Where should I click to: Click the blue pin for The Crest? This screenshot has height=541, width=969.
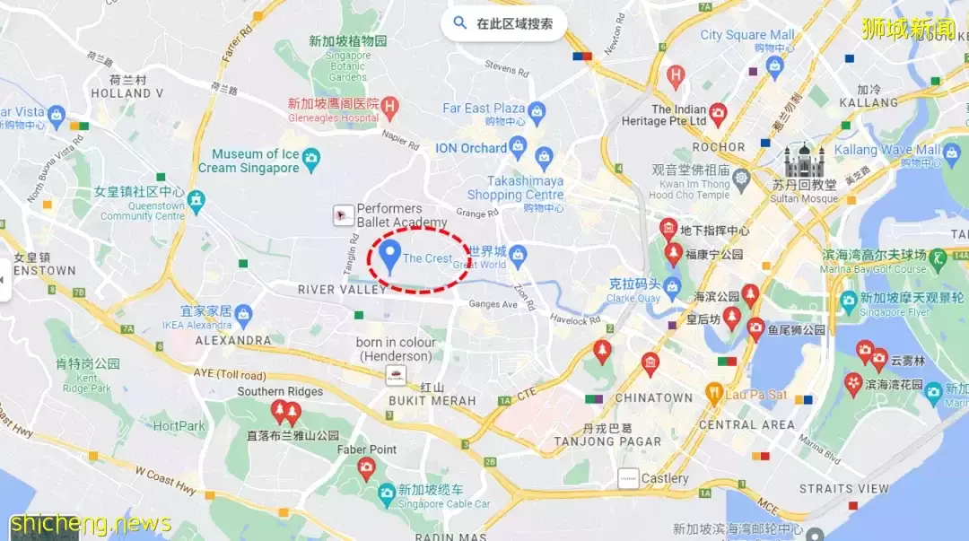point(389,255)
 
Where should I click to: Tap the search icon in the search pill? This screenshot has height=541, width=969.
point(460,23)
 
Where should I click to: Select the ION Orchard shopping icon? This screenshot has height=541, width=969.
point(518,146)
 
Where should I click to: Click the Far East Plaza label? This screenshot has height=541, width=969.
point(484,108)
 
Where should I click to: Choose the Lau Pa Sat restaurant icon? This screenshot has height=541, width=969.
point(714,393)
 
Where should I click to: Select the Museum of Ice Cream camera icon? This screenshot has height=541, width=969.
point(311,159)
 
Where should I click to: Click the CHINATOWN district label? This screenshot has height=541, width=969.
point(653,397)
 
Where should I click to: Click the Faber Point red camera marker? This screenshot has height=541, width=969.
point(366,467)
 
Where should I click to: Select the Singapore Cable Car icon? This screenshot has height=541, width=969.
point(387,493)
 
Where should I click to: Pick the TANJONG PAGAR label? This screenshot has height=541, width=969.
point(607,441)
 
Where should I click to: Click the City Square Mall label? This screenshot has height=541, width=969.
point(746,35)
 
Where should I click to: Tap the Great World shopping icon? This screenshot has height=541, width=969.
point(518,255)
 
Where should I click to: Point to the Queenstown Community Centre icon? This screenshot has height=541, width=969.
point(196,199)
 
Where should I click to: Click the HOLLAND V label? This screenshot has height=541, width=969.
point(127,92)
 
